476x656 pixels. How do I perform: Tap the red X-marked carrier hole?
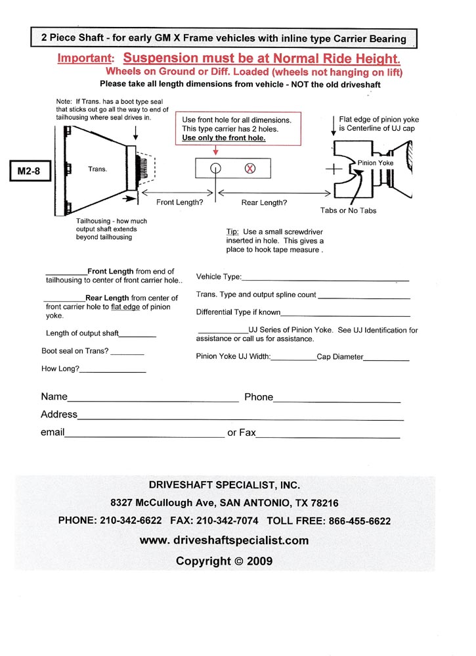point(249,168)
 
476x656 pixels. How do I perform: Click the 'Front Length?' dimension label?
point(179,202)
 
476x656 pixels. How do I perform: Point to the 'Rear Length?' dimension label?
point(264,202)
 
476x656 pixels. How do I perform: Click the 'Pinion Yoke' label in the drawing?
point(376,162)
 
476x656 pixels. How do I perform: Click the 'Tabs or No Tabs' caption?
point(349,210)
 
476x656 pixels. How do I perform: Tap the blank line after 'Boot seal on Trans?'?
point(127,354)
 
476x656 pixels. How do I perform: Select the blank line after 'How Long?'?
point(112,372)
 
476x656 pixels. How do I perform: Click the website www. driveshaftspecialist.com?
point(224,540)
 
